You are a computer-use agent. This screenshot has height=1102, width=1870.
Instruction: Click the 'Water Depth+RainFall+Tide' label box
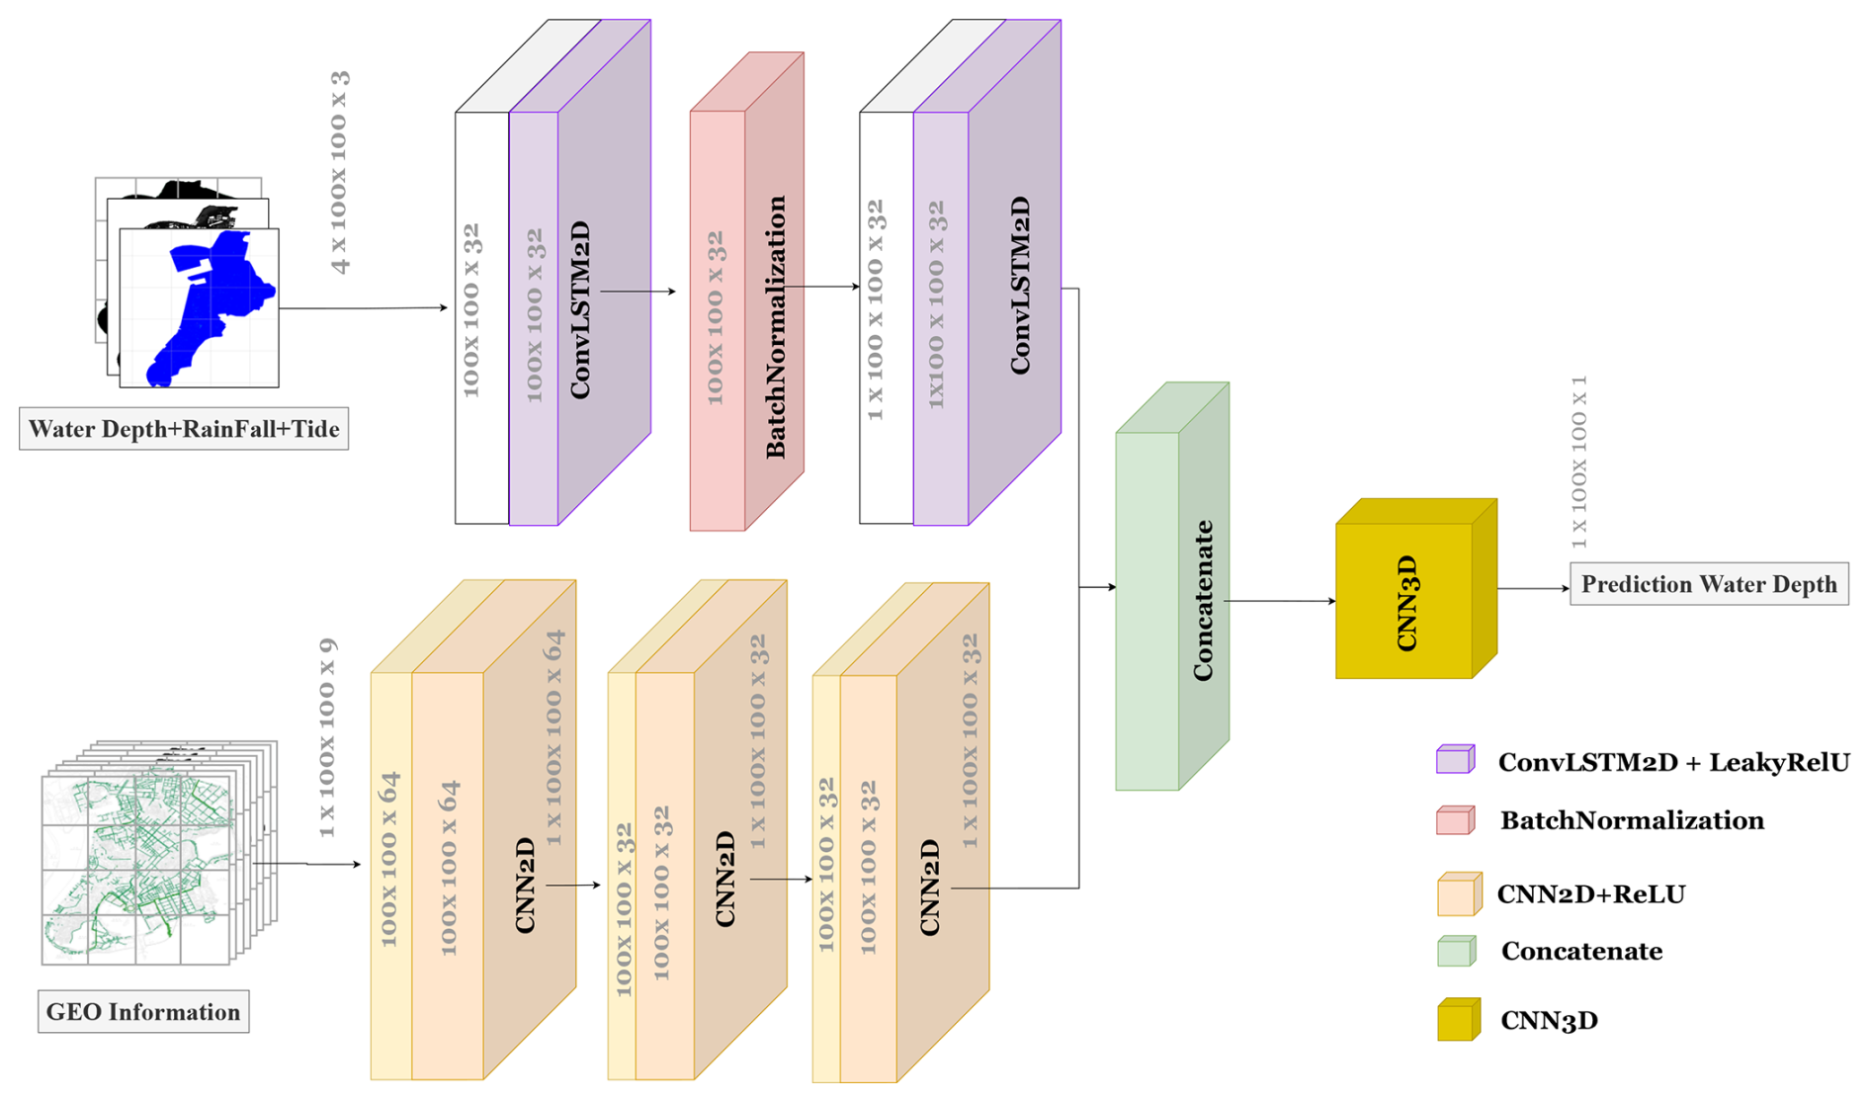click(x=184, y=430)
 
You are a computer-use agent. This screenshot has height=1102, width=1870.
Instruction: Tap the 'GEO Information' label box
click(x=143, y=1012)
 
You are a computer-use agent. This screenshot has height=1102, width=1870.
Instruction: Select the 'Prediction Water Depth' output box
click(x=1709, y=584)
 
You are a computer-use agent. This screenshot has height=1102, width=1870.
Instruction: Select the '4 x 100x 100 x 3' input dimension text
click(x=340, y=173)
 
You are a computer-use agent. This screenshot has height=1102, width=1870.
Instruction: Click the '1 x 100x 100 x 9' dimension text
click(x=327, y=737)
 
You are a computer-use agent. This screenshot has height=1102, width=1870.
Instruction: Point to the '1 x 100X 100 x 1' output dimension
click(x=1578, y=462)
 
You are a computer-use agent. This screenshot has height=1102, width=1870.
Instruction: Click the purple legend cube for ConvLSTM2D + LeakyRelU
click(x=1455, y=759)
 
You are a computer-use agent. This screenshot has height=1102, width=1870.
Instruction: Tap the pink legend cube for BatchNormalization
click(x=1455, y=820)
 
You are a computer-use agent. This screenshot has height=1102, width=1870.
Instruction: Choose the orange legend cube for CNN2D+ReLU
click(x=1459, y=894)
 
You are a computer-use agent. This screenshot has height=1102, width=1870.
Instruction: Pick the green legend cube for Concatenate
click(x=1456, y=951)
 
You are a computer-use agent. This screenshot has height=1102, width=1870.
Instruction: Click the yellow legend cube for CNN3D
click(x=1458, y=1020)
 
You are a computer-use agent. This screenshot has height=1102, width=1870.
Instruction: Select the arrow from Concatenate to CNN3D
click(x=1280, y=601)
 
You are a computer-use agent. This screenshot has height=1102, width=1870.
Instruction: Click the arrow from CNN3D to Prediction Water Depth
click(x=1533, y=589)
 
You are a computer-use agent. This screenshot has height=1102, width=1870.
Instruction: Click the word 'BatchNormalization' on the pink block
click(x=777, y=326)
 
